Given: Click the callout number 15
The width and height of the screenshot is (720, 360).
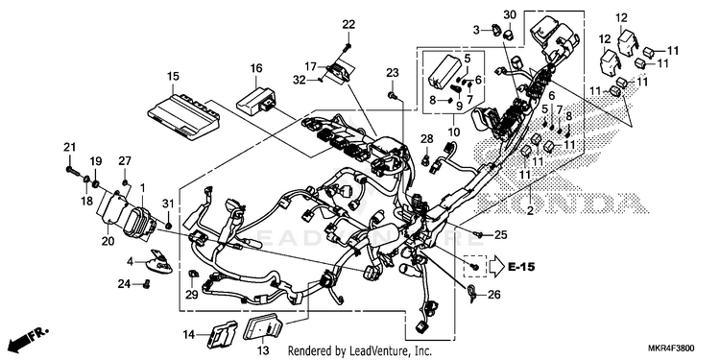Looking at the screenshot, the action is [x=173, y=76].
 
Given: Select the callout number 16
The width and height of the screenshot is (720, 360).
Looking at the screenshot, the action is [x=256, y=68].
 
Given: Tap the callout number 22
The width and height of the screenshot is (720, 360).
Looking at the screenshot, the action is [x=348, y=25].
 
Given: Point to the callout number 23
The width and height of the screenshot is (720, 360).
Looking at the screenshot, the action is [x=392, y=73].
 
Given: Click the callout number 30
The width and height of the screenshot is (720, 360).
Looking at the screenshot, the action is [x=510, y=14].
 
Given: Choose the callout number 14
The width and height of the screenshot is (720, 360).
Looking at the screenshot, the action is [x=189, y=335].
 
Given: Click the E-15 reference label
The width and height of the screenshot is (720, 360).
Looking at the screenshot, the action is [x=521, y=267].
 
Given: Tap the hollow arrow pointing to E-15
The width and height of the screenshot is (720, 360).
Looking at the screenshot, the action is [x=496, y=267].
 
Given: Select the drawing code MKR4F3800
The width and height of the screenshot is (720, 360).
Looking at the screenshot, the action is [x=689, y=348].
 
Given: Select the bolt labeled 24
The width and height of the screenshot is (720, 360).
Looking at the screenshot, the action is [x=147, y=284].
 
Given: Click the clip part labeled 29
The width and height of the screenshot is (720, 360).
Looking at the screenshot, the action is [x=193, y=276].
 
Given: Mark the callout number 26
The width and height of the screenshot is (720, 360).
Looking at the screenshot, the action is [x=493, y=295].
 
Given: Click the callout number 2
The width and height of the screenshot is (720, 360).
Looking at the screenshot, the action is [x=529, y=211].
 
